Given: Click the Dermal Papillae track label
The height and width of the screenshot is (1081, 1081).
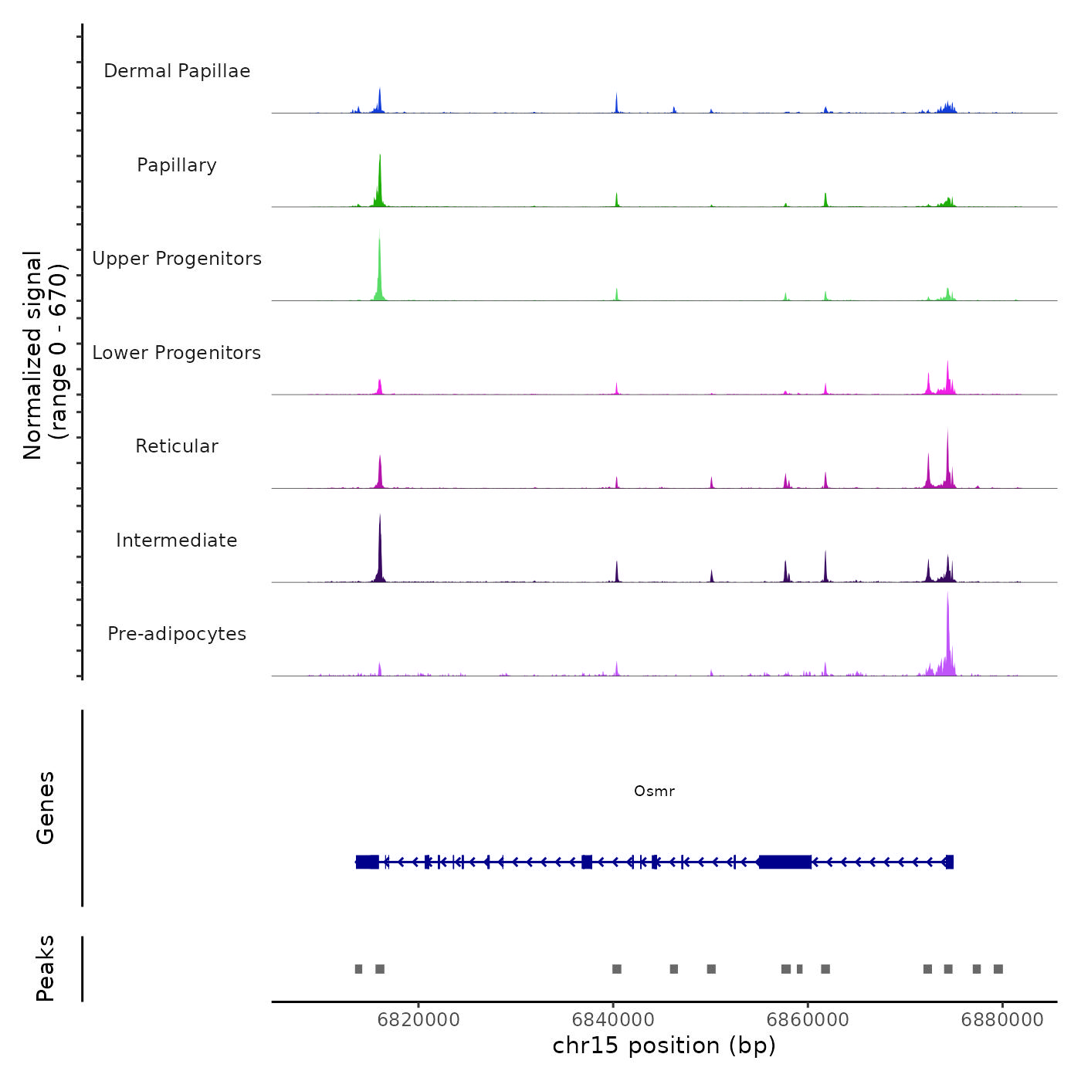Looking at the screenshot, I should [x=177, y=71].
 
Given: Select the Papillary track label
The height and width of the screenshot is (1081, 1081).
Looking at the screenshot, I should [x=177, y=165].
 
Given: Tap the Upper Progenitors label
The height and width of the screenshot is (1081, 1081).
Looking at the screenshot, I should [x=177, y=259].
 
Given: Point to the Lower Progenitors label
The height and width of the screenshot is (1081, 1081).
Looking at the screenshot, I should [x=177, y=353].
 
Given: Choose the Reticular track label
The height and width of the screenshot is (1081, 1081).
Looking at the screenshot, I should [x=177, y=446].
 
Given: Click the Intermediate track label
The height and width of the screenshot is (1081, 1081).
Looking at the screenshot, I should [x=177, y=540].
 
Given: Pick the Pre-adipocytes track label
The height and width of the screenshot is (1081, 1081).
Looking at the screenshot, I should [x=177, y=634].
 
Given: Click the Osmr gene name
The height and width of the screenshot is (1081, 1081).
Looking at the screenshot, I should [x=654, y=791].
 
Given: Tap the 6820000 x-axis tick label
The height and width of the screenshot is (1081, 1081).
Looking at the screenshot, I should [x=419, y=1019].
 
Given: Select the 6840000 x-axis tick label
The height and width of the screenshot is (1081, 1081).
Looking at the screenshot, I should [x=613, y=1019].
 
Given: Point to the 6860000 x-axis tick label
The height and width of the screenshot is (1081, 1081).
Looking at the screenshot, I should [x=808, y=1019].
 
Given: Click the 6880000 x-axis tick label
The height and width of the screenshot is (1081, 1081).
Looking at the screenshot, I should [x=1002, y=1019].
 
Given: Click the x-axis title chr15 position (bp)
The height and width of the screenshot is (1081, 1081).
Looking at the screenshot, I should [x=664, y=1045].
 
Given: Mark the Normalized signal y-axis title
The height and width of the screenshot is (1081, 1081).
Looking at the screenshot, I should [x=45, y=355].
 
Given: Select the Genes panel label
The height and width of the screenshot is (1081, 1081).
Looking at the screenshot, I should [x=46, y=808].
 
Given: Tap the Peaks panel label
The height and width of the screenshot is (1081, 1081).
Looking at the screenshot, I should [x=46, y=968].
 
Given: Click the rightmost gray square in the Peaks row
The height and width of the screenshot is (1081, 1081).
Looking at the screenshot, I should [x=998, y=969].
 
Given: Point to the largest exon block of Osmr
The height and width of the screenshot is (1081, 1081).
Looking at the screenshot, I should [x=784, y=862].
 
